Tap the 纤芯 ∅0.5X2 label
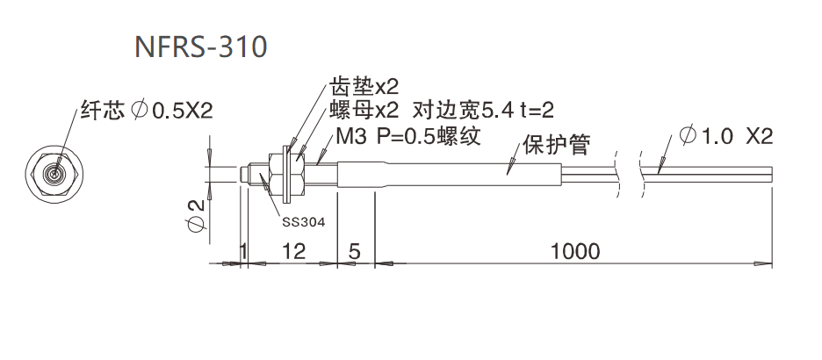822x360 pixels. (146, 110)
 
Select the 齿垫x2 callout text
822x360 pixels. (364, 87)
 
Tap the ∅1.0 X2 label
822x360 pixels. (725, 136)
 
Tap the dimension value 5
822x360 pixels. (355, 251)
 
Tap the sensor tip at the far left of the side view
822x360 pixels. (245, 172)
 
